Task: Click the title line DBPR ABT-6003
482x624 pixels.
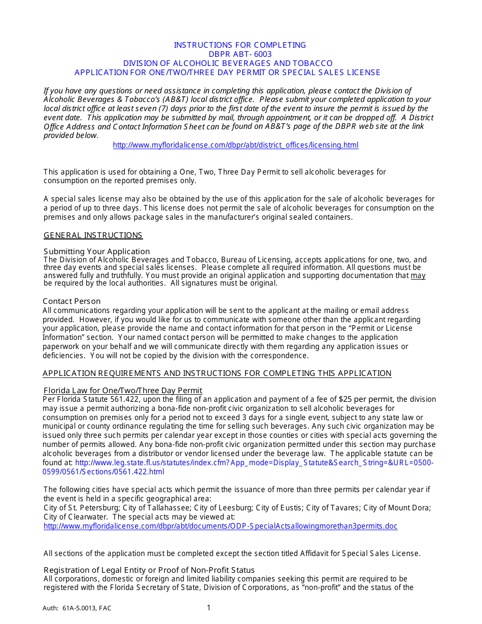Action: pos(240,54)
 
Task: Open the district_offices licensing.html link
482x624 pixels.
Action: pos(235,145)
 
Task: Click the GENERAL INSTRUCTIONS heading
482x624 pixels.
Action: pos(93,235)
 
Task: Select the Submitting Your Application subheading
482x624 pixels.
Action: pos(96,252)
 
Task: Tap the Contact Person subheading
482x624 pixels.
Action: pos(72,301)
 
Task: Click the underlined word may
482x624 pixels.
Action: pos(418,275)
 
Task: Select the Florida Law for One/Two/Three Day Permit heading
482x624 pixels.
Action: pos(123,391)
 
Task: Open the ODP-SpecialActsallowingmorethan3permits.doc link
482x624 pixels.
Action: pos(221,526)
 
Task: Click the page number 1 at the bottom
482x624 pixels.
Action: pos(209,608)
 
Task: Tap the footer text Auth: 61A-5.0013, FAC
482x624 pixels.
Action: pos(77,608)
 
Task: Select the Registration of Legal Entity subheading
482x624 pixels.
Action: pos(149,570)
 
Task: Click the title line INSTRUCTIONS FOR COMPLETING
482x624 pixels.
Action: pos(240,45)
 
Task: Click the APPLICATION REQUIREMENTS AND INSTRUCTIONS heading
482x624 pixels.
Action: pos(217,373)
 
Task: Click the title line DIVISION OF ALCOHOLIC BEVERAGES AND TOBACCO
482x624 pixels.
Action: pos(228,63)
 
